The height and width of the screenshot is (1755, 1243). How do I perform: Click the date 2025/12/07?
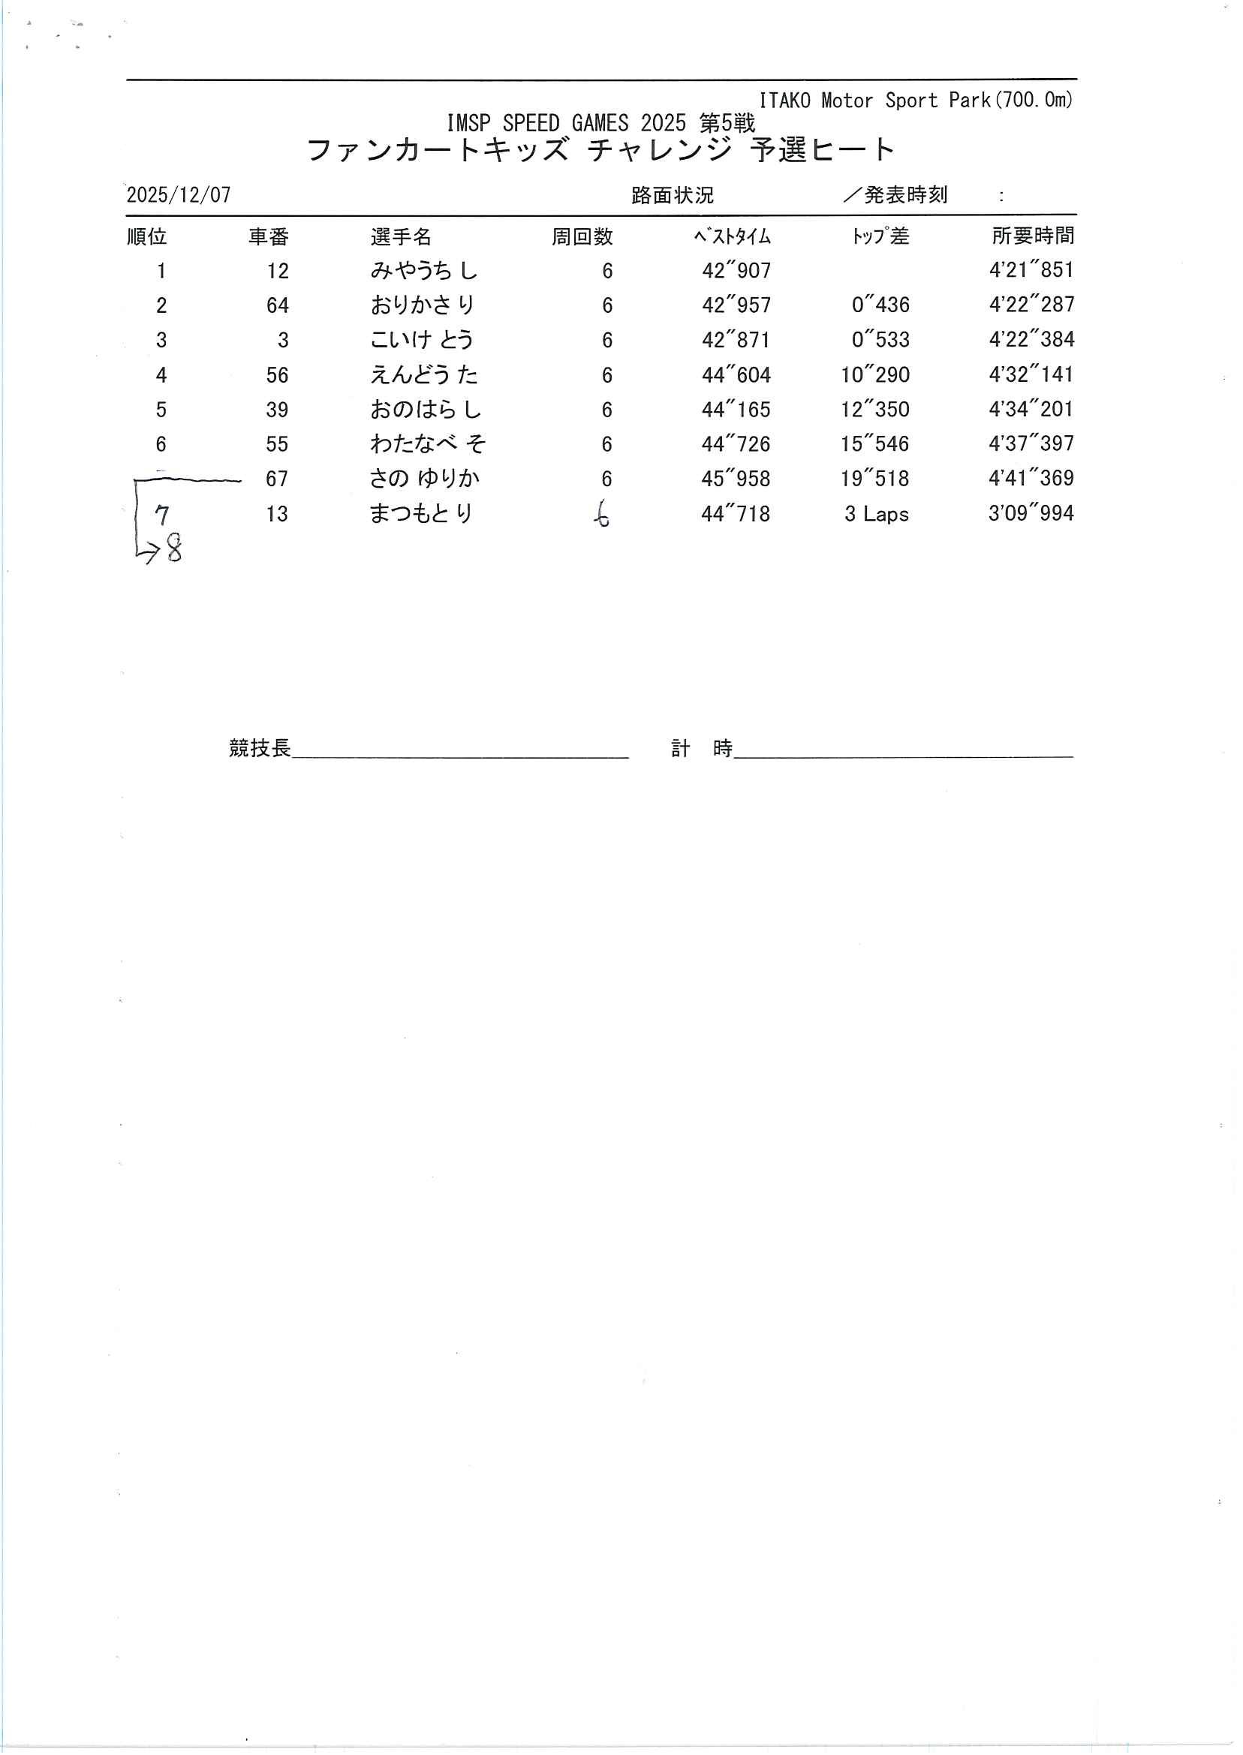pos(179,195)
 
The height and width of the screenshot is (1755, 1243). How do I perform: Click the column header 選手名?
pos(401,237)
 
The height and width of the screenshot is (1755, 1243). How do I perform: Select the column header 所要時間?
pos(1033,236)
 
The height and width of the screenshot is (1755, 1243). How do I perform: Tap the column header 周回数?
pos(582,237)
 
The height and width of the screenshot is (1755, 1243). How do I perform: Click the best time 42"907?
pos(736,271)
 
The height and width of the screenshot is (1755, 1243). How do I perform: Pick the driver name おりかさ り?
pos(423,305)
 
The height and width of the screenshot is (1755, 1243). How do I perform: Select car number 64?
pos(277,306)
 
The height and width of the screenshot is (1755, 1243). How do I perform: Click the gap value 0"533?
pos(880,340)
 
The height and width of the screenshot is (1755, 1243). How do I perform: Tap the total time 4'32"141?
pos(1031,375)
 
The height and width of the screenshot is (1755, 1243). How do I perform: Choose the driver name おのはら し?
pos(426,410)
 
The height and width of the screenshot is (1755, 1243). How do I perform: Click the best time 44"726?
pos(736,444)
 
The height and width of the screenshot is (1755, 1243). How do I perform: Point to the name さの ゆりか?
pos(424,479)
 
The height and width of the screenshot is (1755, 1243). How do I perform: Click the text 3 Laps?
pos(877,514)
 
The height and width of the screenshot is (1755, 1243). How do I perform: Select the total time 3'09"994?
pos(1031,513)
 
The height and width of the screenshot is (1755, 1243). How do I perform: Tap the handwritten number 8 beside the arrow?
pos(174,549)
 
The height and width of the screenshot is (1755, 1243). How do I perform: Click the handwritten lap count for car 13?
pos(603,514)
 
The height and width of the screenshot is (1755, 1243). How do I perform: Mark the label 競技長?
pos(260,748)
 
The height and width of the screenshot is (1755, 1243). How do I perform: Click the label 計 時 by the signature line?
pos(701,748)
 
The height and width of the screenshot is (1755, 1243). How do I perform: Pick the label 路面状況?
pos(672,196)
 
